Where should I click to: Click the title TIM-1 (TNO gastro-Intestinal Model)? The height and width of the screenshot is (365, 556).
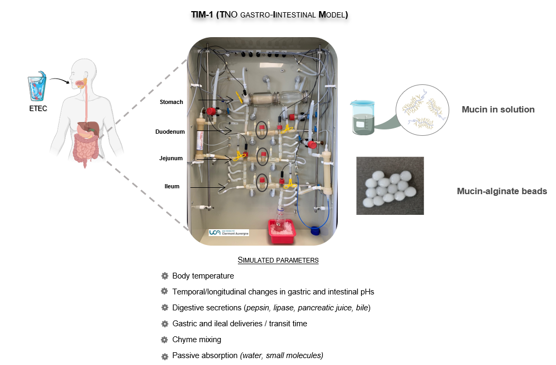point(269,14)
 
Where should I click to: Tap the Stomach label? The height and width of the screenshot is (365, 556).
point(172,102)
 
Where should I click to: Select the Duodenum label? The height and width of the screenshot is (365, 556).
point(170,132)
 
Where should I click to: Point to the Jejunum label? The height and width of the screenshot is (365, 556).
point(171,159)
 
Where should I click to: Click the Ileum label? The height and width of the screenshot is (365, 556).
point(172,186)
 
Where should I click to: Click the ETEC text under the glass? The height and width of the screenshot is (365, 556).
point(38,108)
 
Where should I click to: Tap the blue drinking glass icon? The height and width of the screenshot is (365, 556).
point(37,86)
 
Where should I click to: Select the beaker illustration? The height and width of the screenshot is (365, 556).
point(362,117)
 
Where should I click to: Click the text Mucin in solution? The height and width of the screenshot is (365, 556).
point(498,109)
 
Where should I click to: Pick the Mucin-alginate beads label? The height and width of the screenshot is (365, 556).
point(502,192)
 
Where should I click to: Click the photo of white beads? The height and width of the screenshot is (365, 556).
point(390,186)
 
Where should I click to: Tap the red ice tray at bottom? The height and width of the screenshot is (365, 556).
point(281,231)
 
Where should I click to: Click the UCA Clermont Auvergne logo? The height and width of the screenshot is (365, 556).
point(229,232)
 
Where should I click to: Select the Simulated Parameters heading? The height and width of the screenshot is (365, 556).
point(278,260)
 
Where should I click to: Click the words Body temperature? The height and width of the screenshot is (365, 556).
point(203,276)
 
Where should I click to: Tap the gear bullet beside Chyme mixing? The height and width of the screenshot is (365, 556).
point(164,340)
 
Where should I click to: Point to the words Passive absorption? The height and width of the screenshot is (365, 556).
point(205,355)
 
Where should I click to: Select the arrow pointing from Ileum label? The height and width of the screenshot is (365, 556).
point(208,187)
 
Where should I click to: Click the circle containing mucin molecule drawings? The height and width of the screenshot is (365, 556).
point(422,110)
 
